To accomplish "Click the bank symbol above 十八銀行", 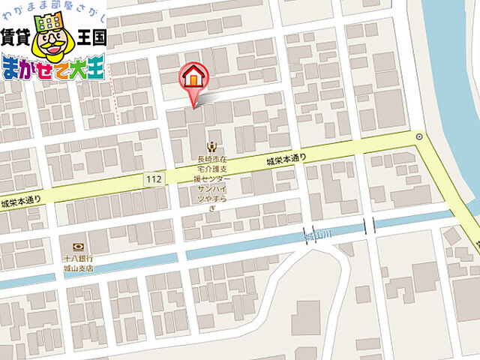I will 77,247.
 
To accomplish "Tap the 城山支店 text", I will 77,267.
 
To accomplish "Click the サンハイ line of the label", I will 213,190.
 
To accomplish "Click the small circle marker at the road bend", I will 418,136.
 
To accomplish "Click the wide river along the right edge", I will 453,90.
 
